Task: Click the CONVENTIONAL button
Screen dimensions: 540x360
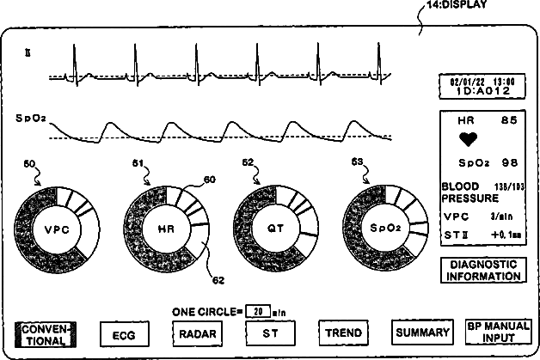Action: coord(46,333)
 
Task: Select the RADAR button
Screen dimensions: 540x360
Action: coord(198,333)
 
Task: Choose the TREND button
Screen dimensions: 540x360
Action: coord(343,333)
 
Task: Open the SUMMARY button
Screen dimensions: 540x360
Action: coord(421,332)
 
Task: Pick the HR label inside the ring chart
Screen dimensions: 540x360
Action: coord(166,229)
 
